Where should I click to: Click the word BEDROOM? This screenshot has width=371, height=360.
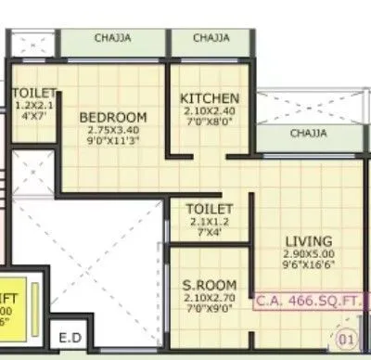[112, 117]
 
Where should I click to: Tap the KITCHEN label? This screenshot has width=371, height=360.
[210, 98]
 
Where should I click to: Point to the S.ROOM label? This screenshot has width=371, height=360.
[210, 284]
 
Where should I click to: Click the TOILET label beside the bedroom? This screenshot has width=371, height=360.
[34, 94]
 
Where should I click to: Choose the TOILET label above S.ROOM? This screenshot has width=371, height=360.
[209, 210]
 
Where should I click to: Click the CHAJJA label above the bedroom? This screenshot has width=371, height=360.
[112, 39]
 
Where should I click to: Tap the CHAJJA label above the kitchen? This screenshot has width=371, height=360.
[211, 39]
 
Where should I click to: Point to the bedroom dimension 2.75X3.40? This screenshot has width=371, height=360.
[112, 131]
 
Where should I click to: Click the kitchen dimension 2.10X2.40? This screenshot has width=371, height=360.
[210, 111]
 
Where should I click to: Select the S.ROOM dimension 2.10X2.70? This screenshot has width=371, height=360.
[210, 297]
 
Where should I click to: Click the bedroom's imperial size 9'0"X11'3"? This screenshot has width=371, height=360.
[112, 143]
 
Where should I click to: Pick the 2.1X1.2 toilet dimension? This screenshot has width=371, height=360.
[209, 223]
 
